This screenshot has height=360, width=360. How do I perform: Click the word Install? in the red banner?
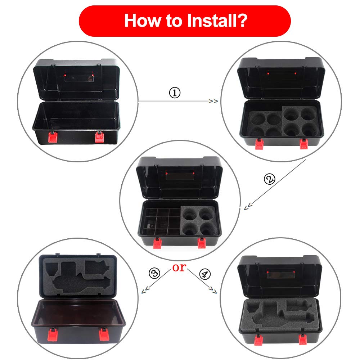[217, 21]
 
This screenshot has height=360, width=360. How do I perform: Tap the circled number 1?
[175, 93]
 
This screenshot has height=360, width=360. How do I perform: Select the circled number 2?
[269, 179]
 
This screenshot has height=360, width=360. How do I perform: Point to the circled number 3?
[154, 273]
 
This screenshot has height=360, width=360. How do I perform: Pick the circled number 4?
[205, 274]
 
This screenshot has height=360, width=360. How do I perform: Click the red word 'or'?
[179, 267]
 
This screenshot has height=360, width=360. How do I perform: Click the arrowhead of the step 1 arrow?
[213, 101]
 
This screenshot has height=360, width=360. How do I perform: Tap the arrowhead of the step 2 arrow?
[248, 206]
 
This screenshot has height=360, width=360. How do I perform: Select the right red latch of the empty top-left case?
[99, 137]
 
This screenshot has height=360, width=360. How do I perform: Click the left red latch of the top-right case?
[259, 144]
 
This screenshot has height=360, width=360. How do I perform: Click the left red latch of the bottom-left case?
[53, 334]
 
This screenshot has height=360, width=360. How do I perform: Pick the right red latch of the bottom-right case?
[303, 339]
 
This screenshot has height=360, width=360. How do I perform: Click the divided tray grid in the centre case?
[161, 221]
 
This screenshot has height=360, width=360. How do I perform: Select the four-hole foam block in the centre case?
[199, 221]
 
